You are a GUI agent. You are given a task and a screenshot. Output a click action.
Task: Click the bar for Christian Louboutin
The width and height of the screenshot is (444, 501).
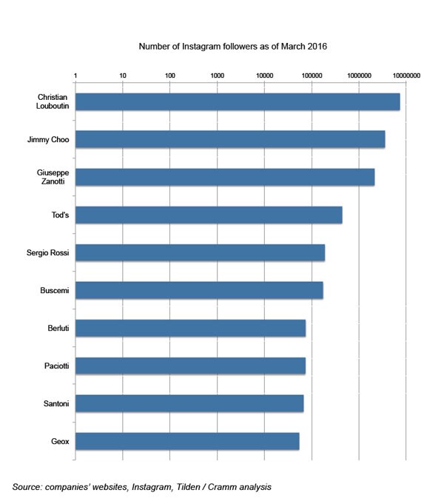click(237, 102)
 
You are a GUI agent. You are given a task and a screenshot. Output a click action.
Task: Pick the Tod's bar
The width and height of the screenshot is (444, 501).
click(208, 215)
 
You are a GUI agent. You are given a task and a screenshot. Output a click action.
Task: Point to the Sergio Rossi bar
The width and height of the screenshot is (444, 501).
click(200, 252)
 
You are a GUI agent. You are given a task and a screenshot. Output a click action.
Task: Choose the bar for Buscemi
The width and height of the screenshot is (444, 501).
click(198, 290)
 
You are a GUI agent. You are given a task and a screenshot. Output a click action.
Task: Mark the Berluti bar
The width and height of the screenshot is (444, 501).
click(190, 328)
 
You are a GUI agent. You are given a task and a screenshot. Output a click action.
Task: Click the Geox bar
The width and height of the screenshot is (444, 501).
click(186, 441)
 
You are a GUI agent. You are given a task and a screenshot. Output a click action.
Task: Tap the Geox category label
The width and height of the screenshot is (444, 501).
click(60, 441)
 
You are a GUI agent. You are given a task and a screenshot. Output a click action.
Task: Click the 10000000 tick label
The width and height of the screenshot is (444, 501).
click(406, 75)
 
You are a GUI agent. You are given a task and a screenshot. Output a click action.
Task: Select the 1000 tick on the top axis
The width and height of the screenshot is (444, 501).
click(217, 75)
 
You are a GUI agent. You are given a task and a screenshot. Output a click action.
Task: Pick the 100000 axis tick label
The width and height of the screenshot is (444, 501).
click(312, 75)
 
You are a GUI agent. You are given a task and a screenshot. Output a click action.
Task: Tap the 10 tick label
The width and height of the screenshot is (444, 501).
click(122, 75)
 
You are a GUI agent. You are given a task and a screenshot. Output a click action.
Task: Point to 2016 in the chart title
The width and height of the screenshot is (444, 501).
click(316, 46)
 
